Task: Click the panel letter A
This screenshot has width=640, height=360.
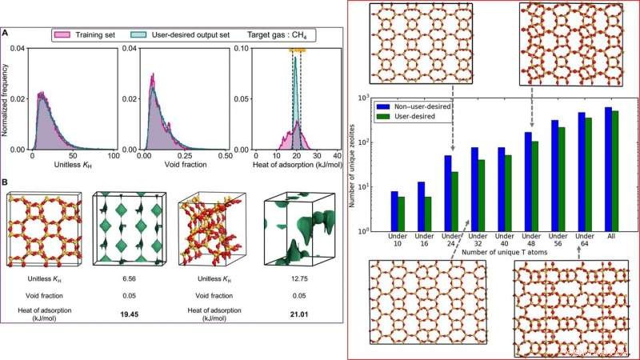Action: pyautogui.click(x=7, y=33)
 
